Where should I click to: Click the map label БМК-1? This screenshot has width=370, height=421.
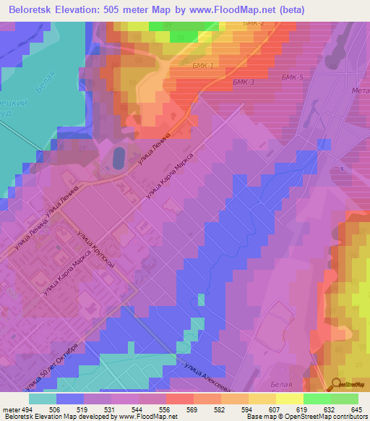tap(204, 65)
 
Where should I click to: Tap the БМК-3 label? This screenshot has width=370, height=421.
tap(244, 82)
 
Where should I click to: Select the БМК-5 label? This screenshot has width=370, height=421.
tap(292, 77)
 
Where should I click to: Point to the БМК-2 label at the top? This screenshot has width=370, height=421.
tap(254, 24)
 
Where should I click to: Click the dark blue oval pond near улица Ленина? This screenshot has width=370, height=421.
tap(118, 158)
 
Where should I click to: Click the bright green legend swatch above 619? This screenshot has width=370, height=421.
tap(317, 399)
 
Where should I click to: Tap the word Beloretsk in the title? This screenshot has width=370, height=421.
tap(33, 10)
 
